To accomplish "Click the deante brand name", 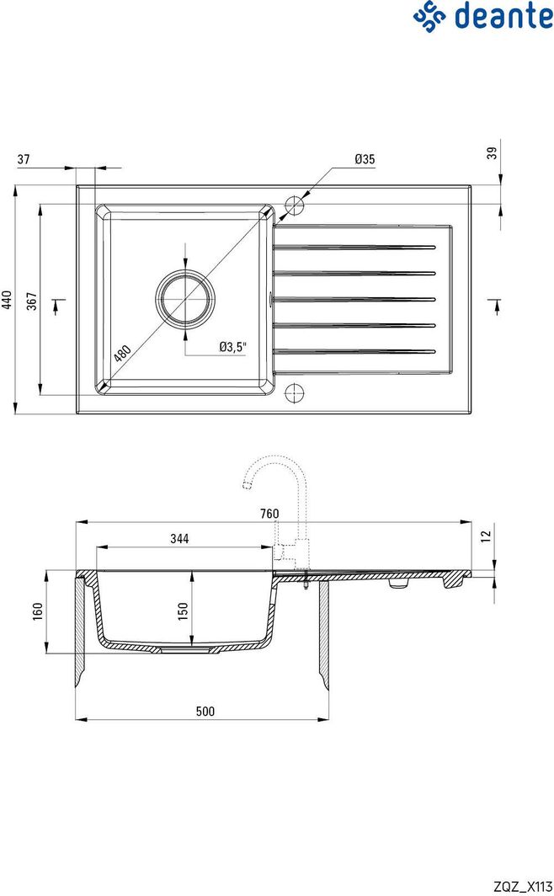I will pos(503,16).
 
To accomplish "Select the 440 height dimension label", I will pos(8,301).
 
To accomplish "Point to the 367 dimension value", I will pos(31,301).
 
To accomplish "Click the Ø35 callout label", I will pos(364,159).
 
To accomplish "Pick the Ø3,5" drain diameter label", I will pos(232,346).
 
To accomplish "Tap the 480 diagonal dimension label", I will pos(123,353).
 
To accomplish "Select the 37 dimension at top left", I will pos(24,159).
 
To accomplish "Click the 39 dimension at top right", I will pos(493,152).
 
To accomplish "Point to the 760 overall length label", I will pos(269,514).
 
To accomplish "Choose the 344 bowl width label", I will pos(178,539).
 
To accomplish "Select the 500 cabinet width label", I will pos(205,712).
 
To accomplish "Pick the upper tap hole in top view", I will pos(295,205).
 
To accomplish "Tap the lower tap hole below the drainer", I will pos(295,392).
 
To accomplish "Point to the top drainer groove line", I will pos(354,248).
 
